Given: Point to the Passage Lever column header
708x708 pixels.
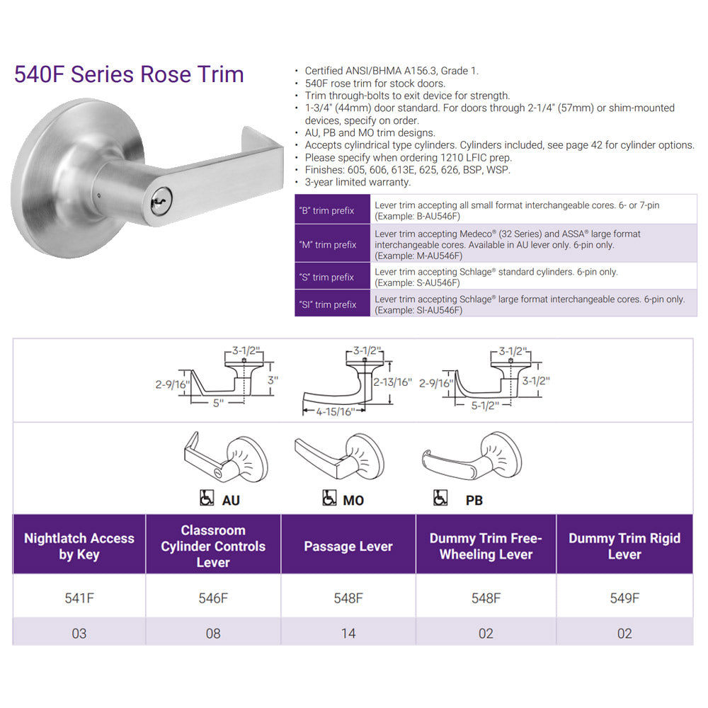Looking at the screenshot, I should pos(348,547).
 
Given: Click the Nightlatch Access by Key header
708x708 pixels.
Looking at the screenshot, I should pos(79,547).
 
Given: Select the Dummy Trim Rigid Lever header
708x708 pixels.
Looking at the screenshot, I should pos(624,547).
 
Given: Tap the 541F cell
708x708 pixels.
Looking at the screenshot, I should pos(79,598).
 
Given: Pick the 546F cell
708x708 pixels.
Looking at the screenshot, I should pos(213,598).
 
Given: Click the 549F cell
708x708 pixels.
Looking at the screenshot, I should pos(624,598).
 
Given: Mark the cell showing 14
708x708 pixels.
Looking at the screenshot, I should pos(348,633).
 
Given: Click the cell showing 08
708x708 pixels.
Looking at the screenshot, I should pos(213,633).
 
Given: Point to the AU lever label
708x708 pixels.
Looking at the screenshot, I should pos(231,501).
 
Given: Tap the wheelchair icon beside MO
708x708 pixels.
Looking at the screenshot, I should pos(329,498).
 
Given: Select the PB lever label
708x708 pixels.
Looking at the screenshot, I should pos(474,501).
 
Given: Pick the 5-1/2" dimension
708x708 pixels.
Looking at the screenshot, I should pos(486,405).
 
